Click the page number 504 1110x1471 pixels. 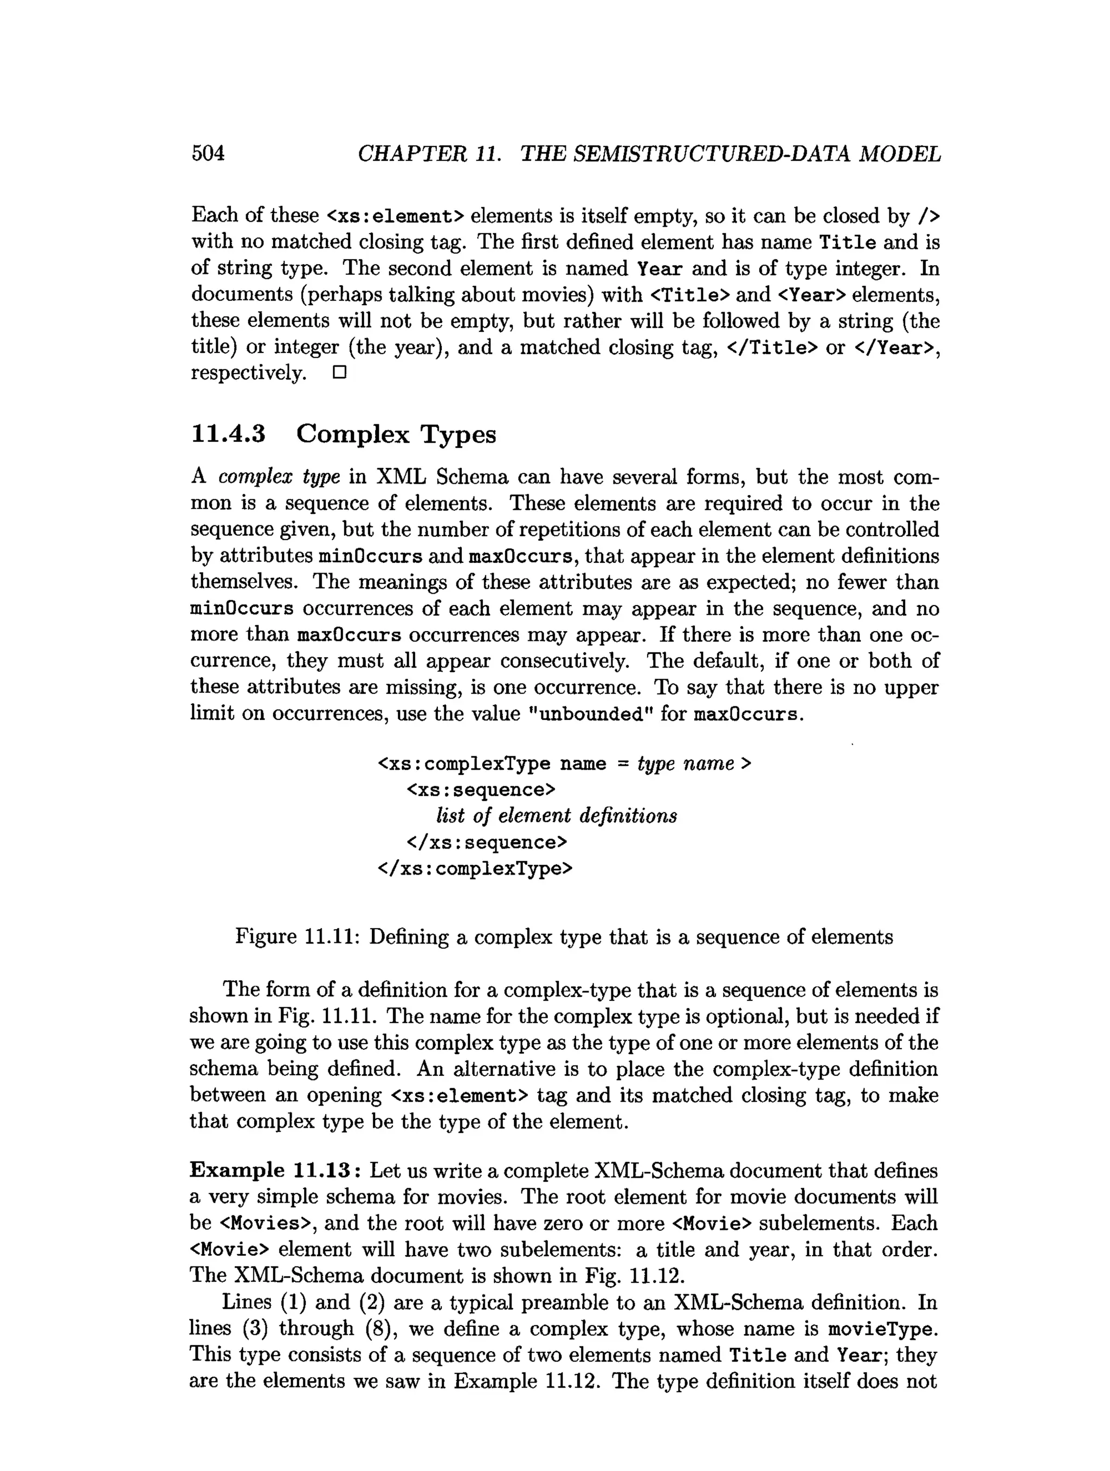coord(208,153)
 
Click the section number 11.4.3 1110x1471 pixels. coord(228,434)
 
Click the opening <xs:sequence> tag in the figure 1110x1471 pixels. coord(481,789)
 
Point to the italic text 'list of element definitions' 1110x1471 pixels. coord(556,816)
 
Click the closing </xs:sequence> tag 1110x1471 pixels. coord(487,843)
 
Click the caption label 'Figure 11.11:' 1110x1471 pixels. coord(297,937)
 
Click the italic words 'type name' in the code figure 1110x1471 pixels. coord(685,763)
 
